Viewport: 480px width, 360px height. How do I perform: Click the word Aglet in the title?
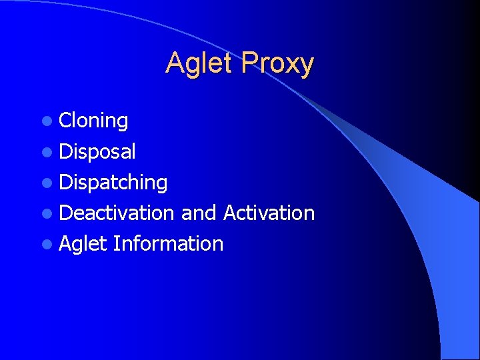(199, 64)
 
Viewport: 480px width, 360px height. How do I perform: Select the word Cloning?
(93, 121)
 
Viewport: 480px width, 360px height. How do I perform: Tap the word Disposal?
(97, 151)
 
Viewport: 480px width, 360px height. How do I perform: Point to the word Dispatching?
(113, 182)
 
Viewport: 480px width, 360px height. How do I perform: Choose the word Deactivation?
(117, 213)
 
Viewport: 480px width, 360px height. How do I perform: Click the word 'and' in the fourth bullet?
(199, 213)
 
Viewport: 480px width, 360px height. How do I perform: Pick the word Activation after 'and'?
(269, 213)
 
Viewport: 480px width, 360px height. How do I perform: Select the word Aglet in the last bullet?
(83, 243)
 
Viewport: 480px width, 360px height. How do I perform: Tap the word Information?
(168, 243)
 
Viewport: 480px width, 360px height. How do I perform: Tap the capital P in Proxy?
(250, 63)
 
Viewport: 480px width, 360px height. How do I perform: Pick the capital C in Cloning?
(65, 121)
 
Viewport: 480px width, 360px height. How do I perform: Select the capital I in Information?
(116, 243)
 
